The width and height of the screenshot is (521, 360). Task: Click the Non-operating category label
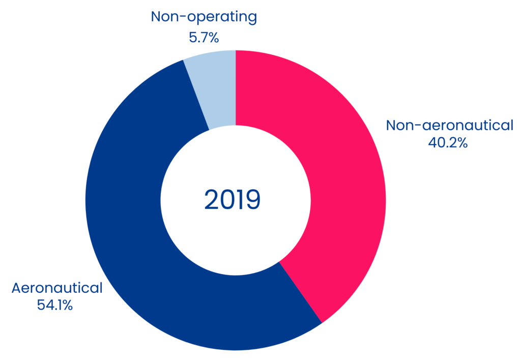pos(204,17)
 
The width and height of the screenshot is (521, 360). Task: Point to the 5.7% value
pos(204,38)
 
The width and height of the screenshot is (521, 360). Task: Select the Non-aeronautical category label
pos(450,126)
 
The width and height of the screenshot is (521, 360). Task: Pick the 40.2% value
pos(448,143)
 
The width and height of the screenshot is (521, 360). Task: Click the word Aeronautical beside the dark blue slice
pos(57,288)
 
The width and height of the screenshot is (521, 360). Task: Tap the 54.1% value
pos(55,305)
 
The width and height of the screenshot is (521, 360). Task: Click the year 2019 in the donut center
pos(232,200)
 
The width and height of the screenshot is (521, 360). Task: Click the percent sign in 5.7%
pos(213,38)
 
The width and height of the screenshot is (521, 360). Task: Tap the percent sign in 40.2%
pos(462,143)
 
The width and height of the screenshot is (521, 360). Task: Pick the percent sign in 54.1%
pos(67,305)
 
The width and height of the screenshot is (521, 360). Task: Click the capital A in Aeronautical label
pos(17,288)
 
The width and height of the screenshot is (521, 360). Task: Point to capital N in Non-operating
pos(156,17)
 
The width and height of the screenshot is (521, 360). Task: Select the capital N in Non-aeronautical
pos(391,126)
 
